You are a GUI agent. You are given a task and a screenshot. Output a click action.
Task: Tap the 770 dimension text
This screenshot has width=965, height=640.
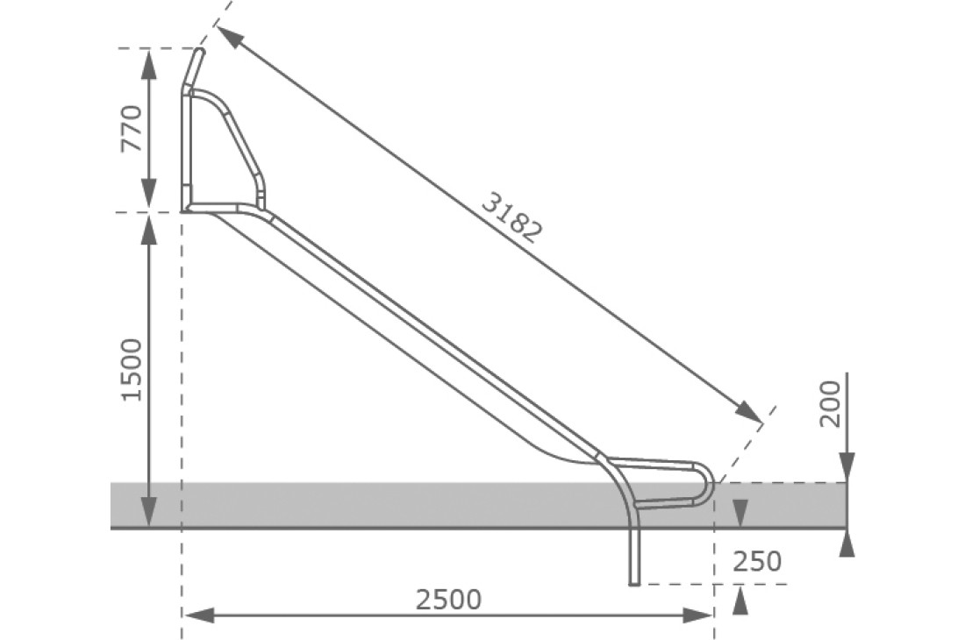tap(132, 128)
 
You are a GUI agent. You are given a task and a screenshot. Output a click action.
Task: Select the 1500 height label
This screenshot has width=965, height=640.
tap(132, 369)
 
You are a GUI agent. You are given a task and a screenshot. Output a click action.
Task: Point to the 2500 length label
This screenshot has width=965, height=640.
tap(448, 601)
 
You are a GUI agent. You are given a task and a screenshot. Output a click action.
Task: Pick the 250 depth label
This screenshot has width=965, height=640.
tap(755, 561)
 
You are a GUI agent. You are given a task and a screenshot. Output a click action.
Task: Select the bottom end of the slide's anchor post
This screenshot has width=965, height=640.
tap(635, 582)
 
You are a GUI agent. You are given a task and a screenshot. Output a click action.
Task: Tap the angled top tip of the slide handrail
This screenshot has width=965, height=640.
tap(199, 53)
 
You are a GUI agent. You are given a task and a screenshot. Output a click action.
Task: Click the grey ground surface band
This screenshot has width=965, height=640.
tap(351, 505)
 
